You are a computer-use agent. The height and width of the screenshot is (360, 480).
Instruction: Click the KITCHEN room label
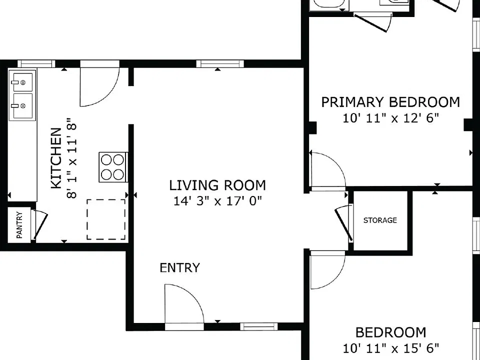[56, 158]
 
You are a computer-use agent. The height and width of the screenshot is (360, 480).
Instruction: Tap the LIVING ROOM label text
[217, 185]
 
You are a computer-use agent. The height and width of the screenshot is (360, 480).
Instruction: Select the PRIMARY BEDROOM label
[390, 102]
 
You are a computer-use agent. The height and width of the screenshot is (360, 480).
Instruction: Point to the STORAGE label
[380, 220]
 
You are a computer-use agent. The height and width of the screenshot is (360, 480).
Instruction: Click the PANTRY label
[19, 225]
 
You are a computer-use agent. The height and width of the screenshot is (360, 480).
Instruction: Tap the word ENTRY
[179, 268]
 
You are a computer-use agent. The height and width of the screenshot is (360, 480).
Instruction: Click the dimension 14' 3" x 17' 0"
[217, 201]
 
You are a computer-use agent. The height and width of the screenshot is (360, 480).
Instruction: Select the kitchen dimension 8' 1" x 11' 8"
[71, 158]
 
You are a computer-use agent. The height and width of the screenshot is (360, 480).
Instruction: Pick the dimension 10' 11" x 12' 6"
[390, 118]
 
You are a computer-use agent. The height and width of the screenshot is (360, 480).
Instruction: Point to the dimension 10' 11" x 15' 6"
[390, 348]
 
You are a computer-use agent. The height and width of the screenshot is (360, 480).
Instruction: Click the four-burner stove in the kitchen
[112, 167]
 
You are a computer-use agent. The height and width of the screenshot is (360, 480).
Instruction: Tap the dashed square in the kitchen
[106, 219]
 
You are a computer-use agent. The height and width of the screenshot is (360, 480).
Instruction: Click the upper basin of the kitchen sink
[22, 81]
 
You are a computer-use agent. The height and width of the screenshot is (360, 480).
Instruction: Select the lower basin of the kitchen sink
[22, 105]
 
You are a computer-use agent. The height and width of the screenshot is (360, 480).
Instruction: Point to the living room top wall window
[220, 63]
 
